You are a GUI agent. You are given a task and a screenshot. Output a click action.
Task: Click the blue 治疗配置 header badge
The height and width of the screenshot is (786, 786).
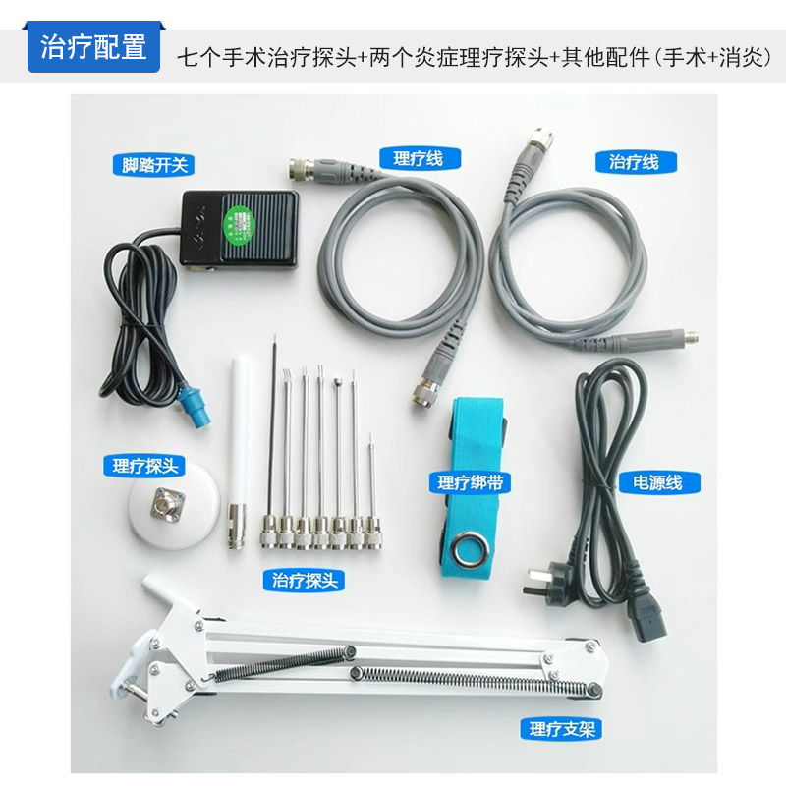[x=94, y=48]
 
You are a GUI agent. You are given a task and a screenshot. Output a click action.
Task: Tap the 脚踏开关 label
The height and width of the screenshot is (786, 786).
[x=155, y=165]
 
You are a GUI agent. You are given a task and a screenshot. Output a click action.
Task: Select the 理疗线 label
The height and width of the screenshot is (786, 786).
[x=418, y=159]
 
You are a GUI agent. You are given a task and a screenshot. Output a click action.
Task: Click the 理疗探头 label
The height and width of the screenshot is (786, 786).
[x=144, y=466]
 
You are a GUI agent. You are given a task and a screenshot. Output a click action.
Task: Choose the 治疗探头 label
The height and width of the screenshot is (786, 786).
[x=305, y=580]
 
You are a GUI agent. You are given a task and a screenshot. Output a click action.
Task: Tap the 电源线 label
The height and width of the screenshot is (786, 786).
[x=658, y=482]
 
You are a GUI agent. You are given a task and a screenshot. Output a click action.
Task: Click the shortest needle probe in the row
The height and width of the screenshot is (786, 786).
[x=374, y=491]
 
